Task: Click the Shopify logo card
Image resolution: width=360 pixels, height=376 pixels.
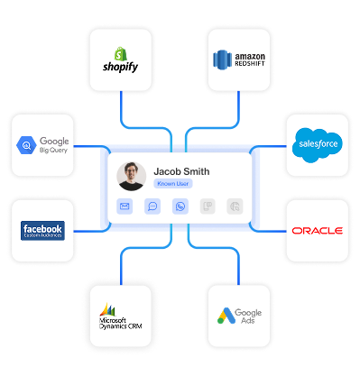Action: [x=121, y=59]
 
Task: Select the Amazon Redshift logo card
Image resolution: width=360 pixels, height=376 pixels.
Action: [x=239, y=59]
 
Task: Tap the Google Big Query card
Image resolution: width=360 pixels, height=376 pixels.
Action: [x=43, y=145]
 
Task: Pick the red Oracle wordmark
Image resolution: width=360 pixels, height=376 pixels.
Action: [x=317, y=231]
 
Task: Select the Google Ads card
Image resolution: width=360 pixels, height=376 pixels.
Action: [x=238, y=316]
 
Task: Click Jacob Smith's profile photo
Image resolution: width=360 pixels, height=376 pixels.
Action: [x=132, y=176]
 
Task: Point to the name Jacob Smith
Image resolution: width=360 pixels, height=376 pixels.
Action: [x=181, y=170]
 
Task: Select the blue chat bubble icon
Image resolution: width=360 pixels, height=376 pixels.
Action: [x=153, y=206]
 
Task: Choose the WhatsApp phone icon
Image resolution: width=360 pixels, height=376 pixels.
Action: [x=180, y=206]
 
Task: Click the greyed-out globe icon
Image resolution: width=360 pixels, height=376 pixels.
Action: [x=234, y=206]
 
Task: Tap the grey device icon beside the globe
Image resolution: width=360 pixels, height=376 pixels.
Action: [x=207, y=206]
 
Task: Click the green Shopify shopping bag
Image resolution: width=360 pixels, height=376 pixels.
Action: [x=116, y=51]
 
